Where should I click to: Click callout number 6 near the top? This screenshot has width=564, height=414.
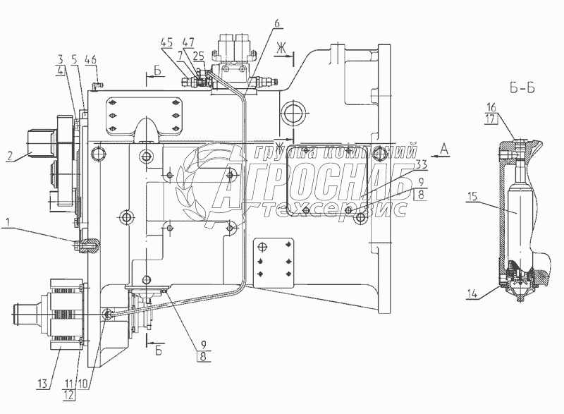(277, 23)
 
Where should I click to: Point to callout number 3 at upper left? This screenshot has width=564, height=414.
(62, 59)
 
